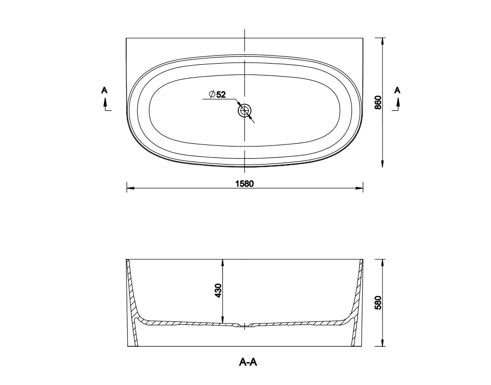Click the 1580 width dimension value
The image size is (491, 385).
pos(244,184)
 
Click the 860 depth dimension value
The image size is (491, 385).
pos(378,102)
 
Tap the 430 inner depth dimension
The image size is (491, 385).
pos(218,290)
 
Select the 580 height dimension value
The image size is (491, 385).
pos(378,303)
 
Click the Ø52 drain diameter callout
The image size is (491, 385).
pos(217,94)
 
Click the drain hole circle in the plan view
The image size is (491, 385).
pos(244,111)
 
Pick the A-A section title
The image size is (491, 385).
pos(248,362)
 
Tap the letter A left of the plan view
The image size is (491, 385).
pos(104,90)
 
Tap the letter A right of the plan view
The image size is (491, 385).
pos(397,90)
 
